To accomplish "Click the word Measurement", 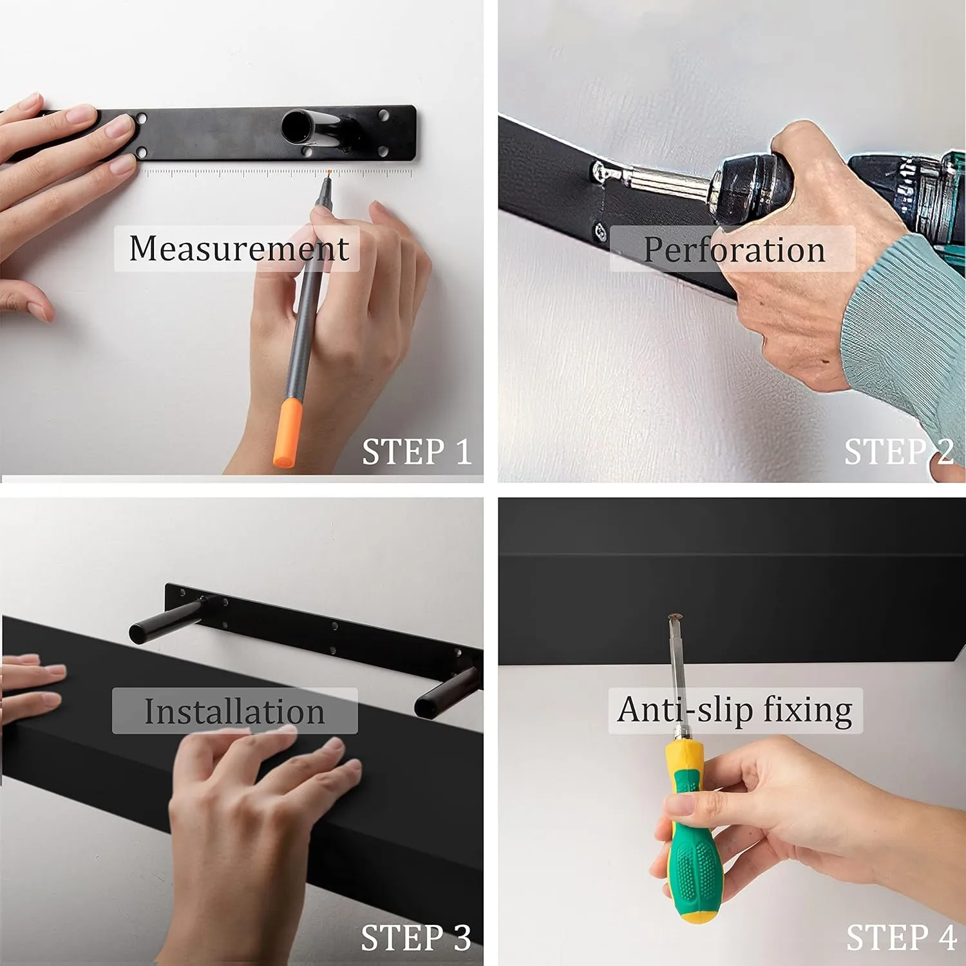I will pyautogui.click(x=238, y=249).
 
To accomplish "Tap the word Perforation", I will pyautogui.click(x=734, y=250).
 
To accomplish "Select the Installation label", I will pyautogui.click(x=234, y=711).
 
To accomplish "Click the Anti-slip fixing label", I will pyautogui.click(x=735, y=710).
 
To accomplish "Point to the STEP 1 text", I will pyautogui.click(x=416, y=451).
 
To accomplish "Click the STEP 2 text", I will pyautogui.click(x=898, y=451).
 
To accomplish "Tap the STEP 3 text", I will pyautogui.click(x=415, y=938).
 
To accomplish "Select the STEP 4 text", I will pyautogui.click(x=900, y=938).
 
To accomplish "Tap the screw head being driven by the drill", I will pyautogui.click(x=601, y=172).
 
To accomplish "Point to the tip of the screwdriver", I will pyautogui.click(x=674, y=618).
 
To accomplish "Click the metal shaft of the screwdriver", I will pyautogui.click(x=677, y=676).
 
